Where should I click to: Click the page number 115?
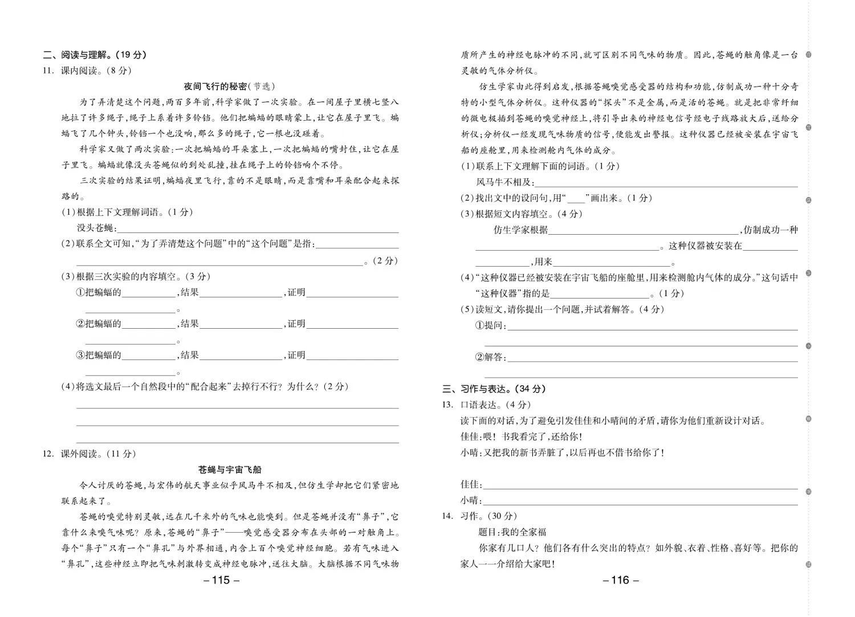click(221, 581)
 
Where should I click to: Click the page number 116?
click(620, 581)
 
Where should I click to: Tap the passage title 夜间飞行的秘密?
click(215, 87)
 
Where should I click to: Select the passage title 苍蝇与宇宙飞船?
click(230, 470)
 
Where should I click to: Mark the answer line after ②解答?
click(652, 358)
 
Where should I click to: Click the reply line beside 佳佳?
click(640, 485)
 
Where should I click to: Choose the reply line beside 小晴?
click(640, 501)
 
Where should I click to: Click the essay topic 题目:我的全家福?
click(512, 532)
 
